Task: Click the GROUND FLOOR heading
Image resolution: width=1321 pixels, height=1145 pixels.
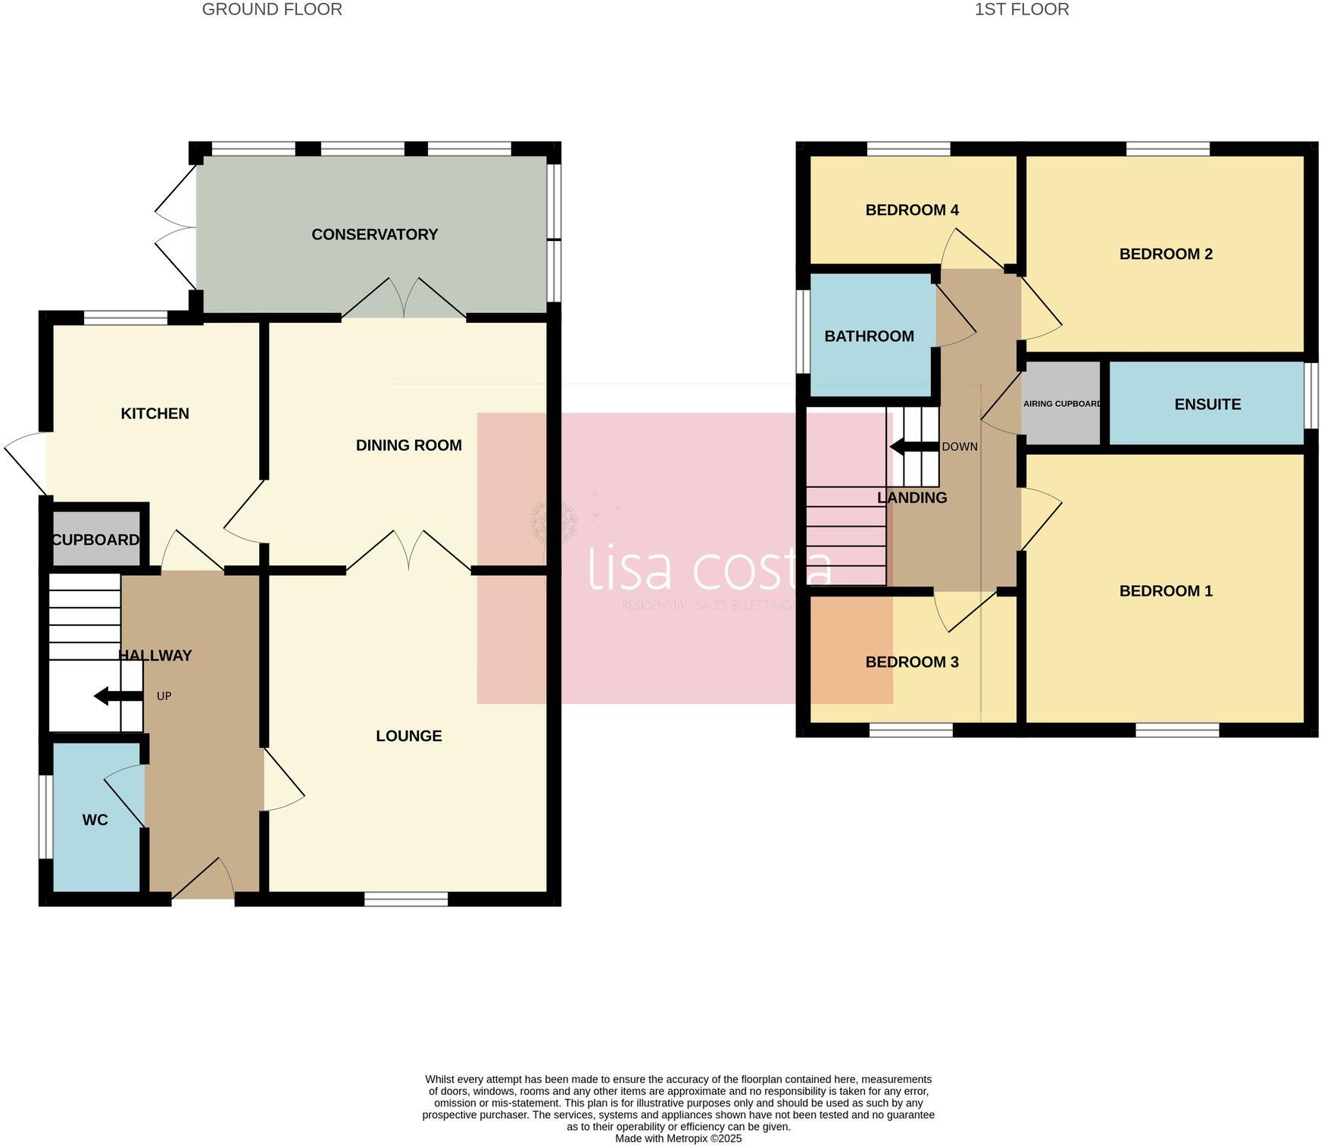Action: tap(272, 10)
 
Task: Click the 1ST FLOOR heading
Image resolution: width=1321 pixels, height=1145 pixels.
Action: tap(1022, 10)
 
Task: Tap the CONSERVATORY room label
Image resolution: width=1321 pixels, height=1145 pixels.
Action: tap(374, 235)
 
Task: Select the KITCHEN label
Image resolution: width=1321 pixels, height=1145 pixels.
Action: tap(155, 414)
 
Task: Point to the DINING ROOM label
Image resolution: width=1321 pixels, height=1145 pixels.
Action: tap(408, 446)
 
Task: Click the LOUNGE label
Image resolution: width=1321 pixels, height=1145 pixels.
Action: tap(408, 736)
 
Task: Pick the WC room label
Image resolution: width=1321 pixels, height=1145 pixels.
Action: tap(95, 820)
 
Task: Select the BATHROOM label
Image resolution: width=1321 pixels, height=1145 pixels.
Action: tap(869, 336)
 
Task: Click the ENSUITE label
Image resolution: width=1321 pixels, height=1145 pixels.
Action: tap(1207, 405)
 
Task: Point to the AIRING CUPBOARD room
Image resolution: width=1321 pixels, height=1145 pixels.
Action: tap(1061, 404)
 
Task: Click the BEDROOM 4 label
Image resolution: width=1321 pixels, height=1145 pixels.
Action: tap(912, 211)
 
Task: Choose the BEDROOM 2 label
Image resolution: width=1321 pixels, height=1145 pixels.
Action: tap(1166, 255)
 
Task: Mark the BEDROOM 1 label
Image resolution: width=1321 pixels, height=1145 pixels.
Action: tap(1166, 591)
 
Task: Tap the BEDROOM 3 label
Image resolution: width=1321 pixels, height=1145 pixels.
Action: tap(912, 662)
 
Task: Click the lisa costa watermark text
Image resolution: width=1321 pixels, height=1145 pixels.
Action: tap(710, 568)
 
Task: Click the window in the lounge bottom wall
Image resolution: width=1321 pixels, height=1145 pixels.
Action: tap(406, 899)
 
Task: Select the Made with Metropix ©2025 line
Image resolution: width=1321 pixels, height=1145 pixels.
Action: tap(678, 1138)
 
